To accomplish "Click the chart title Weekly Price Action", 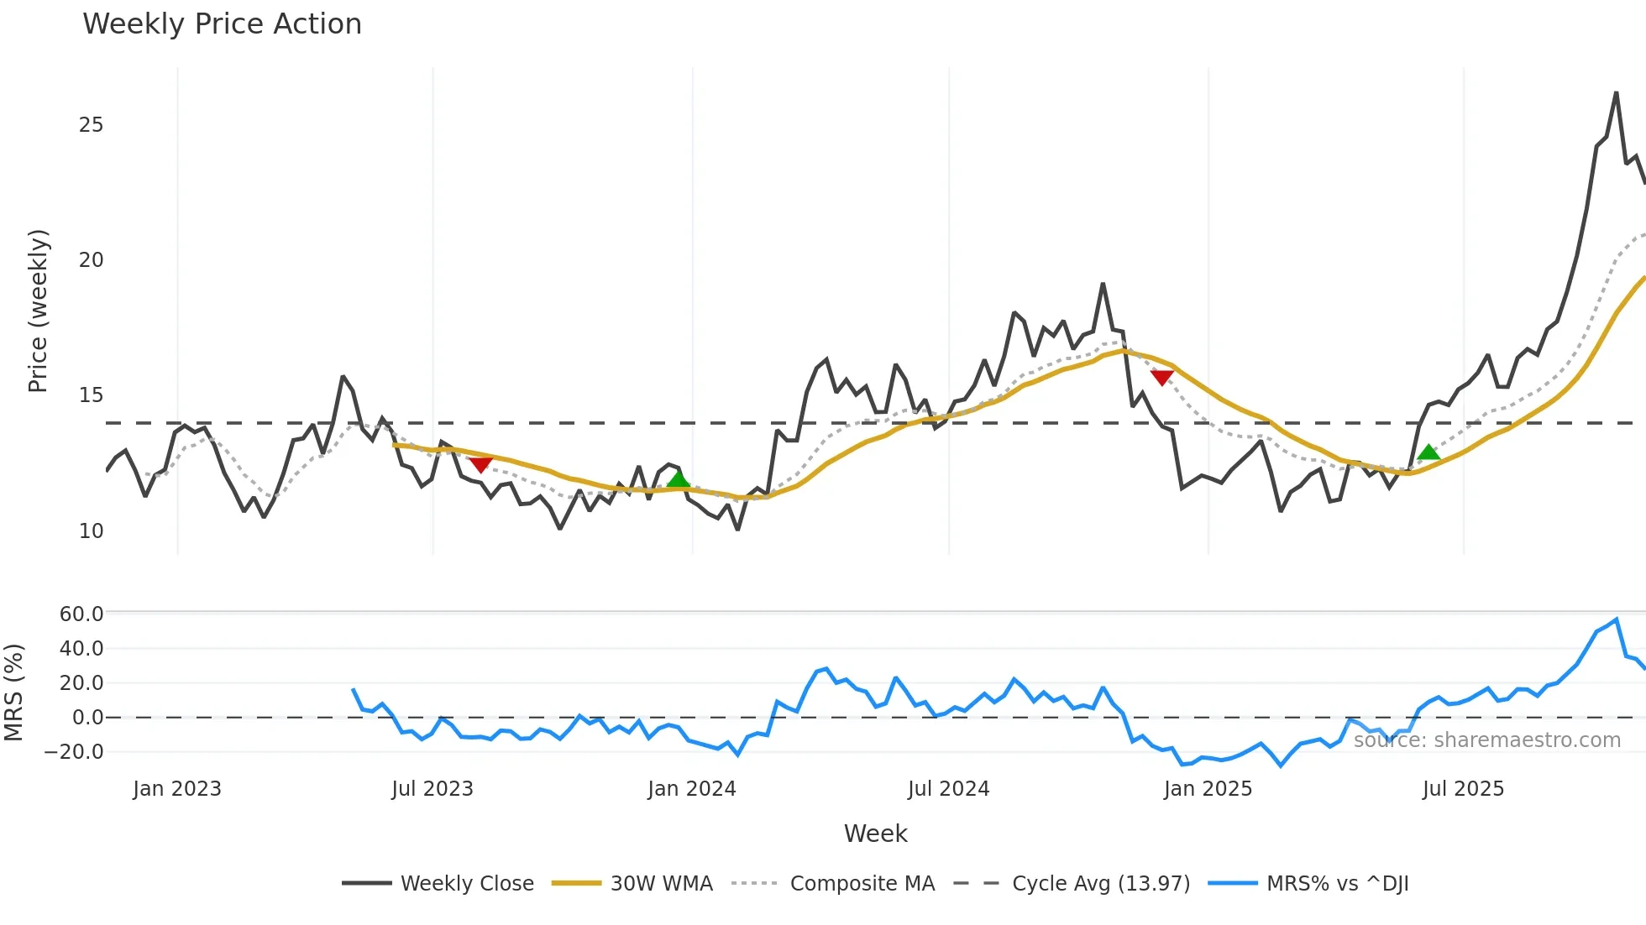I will coord(222,24).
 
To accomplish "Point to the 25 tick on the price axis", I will coord(91,125).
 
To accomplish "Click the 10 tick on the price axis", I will coord(91,531).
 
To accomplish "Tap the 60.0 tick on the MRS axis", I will coord(81,614).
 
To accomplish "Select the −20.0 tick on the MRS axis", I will coord(75,752).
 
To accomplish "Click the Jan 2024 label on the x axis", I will coord(692,789).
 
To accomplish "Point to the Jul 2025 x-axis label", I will coord(1463,789).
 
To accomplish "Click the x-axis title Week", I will coord(875,834).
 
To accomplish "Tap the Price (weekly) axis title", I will coord(39,311).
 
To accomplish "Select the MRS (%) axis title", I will coord(13,692).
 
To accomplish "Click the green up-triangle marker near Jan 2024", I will coord(678,479).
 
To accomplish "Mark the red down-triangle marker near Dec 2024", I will coord(1161,378).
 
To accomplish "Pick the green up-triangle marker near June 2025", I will coord(1428,452).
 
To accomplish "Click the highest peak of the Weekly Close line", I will coord(1616,93).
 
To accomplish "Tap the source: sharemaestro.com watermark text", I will coord(1486,740).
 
